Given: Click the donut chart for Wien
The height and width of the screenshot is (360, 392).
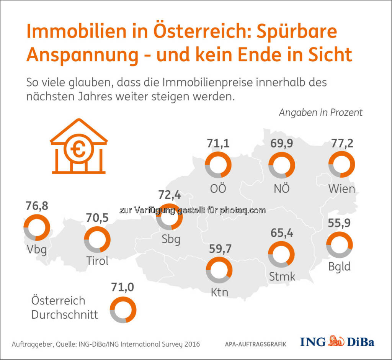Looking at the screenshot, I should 342,165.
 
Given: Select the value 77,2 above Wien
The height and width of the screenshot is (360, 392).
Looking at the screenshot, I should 342,144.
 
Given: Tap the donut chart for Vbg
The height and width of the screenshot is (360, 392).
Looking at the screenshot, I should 37,227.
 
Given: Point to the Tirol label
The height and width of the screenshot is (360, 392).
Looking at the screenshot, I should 97,261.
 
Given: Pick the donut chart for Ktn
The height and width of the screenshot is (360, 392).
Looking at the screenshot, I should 219,270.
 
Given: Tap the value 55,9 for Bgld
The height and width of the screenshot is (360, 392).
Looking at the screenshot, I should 340,223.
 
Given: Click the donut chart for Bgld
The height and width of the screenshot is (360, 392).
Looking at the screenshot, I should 340,244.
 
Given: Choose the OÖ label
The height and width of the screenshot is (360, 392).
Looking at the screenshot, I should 218,189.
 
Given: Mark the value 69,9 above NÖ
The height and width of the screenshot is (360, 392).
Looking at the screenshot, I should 281,144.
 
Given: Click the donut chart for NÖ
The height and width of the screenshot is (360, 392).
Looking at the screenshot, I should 281,165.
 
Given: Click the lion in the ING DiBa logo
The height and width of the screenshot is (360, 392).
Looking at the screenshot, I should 337,341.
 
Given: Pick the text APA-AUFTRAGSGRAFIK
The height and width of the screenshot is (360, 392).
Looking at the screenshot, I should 255,344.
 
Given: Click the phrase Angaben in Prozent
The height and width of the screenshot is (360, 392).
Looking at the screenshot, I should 320,113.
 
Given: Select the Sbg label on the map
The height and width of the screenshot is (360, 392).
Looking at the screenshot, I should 171,239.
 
